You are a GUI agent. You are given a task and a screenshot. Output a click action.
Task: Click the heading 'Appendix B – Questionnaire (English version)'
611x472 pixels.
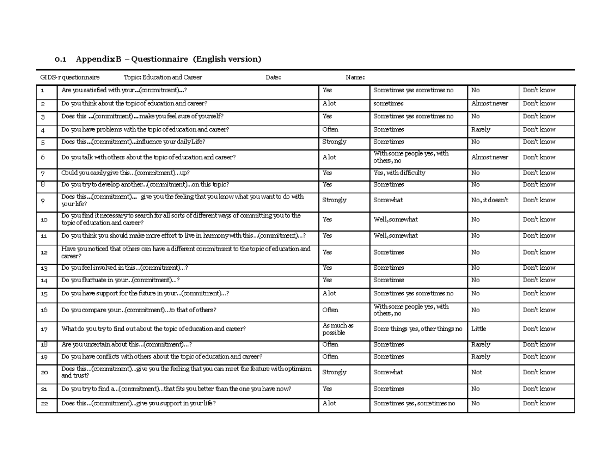click(x=168, y=59)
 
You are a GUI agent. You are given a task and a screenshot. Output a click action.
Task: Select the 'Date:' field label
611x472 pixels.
click(x=273, y=77)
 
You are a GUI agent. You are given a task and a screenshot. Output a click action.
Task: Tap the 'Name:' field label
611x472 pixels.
click(x=355, y=77)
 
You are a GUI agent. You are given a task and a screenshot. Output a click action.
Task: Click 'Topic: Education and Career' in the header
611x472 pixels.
click(x=163, y=77)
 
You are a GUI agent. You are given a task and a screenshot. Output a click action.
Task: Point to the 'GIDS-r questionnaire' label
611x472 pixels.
click(x=70, y=77)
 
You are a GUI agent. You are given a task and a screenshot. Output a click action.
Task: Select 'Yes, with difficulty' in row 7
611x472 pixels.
click(x=399, y=173)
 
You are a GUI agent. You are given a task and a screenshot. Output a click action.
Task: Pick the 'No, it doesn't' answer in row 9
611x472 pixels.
click(x=490, y=200)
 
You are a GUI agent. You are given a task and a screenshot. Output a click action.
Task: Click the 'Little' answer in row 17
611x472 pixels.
click(x=479, y=329)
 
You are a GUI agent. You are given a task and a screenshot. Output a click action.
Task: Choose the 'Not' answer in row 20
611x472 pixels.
click(x=477, y=372)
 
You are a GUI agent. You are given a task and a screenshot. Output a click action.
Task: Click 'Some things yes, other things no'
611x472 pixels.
click(x=418, y=329)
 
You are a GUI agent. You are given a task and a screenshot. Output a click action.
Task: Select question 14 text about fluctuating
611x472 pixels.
click(x=121, y=280)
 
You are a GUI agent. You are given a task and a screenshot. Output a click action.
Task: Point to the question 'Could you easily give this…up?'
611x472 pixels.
click(x=125, y=173)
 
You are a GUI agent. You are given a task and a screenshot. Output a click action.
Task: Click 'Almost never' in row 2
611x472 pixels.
click(x=489, y=103)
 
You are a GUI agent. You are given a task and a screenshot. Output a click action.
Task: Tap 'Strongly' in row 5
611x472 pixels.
click(x=335, y=142)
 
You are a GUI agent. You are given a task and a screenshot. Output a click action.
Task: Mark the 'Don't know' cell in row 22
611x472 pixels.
click(x=539, y=403)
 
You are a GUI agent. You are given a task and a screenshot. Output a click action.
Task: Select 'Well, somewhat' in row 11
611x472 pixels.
click(x=396, y=236)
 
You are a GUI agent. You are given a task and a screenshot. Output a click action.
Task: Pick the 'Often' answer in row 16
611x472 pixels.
click(x=330, y=310)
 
